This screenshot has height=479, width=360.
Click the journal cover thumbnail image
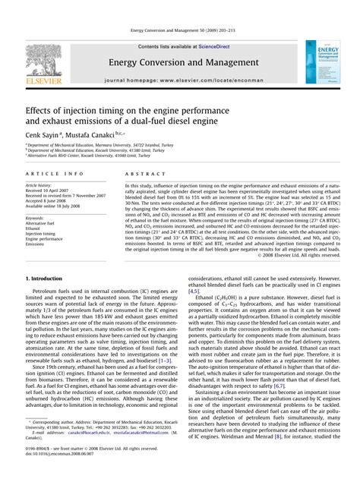point(321,62)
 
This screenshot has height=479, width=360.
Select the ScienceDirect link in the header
point(208,46)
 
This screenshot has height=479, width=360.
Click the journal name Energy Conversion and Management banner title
point(179,61)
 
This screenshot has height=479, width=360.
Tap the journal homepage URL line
point(179,78)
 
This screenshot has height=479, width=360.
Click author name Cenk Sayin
point(46,131)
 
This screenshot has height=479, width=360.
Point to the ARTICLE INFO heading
point(46,173)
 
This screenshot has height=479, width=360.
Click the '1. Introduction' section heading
point(46,279)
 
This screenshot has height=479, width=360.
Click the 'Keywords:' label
point(35,218)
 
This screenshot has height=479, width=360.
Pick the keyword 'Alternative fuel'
point(40,224)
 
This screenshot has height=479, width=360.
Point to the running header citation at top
point(179,30)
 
